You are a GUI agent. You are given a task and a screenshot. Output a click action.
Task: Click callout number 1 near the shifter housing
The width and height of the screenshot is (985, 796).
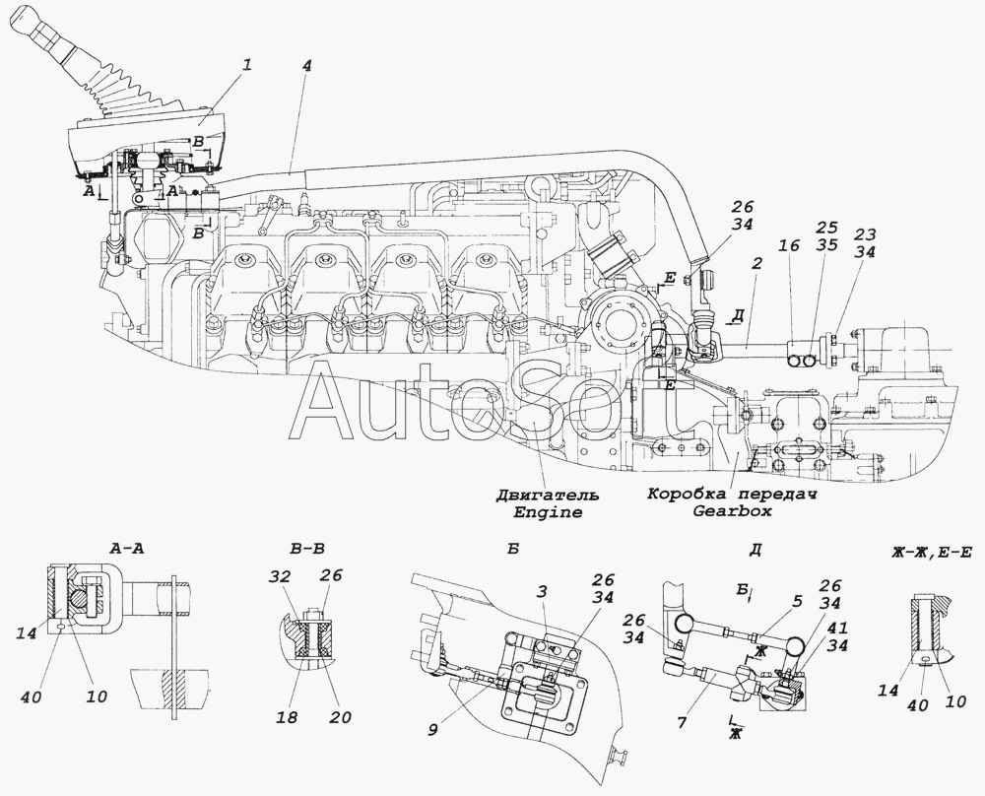[x=247, y=65]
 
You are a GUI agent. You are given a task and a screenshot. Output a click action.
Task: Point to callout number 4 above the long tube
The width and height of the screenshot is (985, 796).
[x=306, y=66]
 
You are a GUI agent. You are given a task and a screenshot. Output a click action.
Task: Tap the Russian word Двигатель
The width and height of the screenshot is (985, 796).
[x=548, y=496]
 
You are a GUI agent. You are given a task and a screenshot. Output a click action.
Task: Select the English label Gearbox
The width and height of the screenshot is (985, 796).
[x=732, y=510]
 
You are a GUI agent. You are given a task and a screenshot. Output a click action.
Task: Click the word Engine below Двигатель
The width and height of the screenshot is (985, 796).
[x=548, y=512]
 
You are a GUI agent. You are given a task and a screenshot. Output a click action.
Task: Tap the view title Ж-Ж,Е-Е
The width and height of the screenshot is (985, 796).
[x=931, y=553]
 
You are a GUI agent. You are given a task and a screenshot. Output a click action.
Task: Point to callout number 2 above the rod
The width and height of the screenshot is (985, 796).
[x=756, y=263]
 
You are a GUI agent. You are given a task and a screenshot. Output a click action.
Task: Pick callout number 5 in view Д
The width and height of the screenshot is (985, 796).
[x=797, y=601]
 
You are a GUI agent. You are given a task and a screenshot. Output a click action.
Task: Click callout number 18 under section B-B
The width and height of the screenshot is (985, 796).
[x=288, y=717]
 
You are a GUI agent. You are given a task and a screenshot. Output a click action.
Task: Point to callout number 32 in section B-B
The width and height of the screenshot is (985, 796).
[x=283, y=575]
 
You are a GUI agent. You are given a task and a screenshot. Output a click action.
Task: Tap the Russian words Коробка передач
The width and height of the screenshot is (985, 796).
[x=732, y=494]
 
